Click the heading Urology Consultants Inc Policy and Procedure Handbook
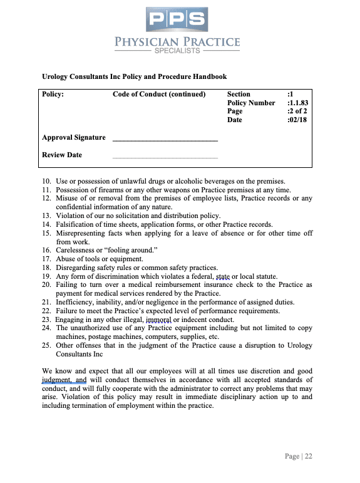point(134,76)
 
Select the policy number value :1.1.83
point(296,103)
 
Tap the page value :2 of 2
point(296,111)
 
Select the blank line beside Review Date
point(165,157)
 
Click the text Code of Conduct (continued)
point(159,94)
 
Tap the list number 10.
point(46,182)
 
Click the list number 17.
point(46,259)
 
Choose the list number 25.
point(46,345)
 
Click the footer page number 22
point(308,456)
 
